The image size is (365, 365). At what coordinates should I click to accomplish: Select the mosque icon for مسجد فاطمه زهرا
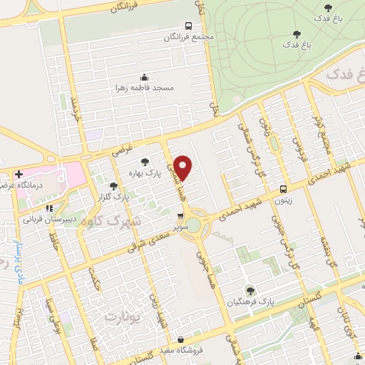144,77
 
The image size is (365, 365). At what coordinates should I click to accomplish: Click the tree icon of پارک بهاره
145,161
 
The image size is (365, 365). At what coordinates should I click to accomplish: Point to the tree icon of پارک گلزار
113,187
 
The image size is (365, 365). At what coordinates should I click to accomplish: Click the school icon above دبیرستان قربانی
48,209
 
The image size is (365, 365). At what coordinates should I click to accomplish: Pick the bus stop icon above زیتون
284,190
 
